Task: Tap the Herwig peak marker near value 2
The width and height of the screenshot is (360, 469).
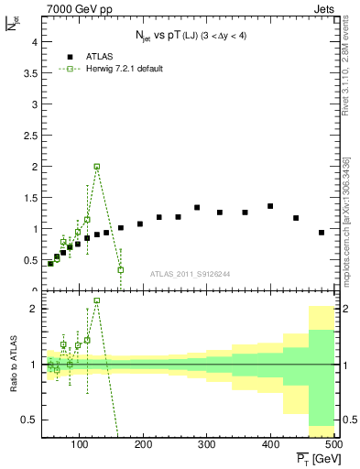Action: tap(97, 167)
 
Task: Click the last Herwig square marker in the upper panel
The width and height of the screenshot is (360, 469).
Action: tap(121, 269)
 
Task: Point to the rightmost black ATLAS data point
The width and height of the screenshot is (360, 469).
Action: tap(322, 233)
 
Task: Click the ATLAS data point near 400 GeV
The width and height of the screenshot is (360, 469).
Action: tap(270, 206)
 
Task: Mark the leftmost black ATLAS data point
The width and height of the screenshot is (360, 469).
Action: tap(50, 264)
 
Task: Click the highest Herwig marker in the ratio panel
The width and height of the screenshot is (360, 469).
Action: tap(97, 300)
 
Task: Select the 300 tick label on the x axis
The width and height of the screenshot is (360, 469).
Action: tap(207, 443)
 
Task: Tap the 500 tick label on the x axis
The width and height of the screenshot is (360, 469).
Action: tap(333, 443)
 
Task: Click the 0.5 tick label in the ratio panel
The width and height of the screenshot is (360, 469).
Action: tap(29, 420)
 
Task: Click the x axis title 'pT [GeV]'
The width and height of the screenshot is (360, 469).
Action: tap(314, 457)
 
